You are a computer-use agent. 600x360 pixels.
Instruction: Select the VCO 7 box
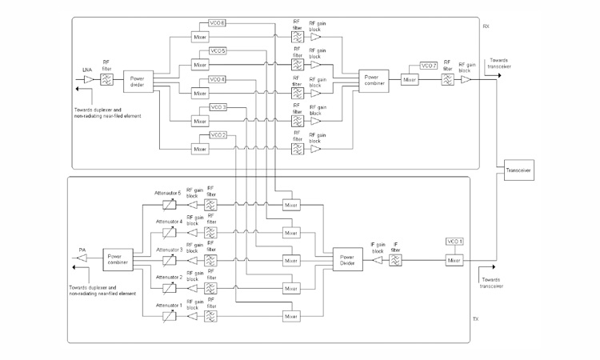click(429, 66)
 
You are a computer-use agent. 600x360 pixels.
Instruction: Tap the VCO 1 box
click(454, 242)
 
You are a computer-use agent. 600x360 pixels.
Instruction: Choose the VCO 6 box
click(217, 23)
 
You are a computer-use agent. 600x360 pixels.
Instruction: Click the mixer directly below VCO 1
click(454, 259)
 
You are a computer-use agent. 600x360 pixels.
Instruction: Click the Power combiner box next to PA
click(118, 259)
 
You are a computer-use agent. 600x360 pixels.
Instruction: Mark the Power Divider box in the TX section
click(347, 259)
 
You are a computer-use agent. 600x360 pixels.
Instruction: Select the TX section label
click(475, 318)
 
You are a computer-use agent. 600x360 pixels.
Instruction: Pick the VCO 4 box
click(218, 79)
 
